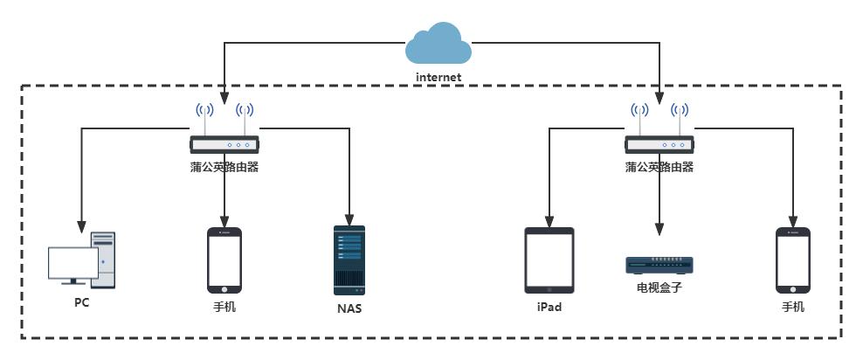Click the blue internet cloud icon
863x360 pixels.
tap(438, 44)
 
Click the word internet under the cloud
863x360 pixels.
tap(438, 77)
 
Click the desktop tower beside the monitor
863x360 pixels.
tap(103, 260)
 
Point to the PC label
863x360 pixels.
tap(81, 303)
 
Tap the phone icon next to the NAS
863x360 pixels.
tap(224, 260)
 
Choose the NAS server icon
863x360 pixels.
tap(349, 260)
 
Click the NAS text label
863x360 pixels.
tap(349, 308)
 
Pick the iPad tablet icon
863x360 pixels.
tap(549, 260)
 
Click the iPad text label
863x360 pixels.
tap(549, 308)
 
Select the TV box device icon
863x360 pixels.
tap(659, 265)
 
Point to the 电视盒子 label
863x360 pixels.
tap(659, 286)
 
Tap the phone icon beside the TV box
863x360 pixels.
tap(793, 260)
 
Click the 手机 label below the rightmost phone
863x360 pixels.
tap(793, 308)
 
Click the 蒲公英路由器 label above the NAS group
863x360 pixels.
tap(224, 166)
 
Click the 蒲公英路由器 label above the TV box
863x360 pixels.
tap(659, 166)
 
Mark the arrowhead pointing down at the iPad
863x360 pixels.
tap(549, 219)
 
